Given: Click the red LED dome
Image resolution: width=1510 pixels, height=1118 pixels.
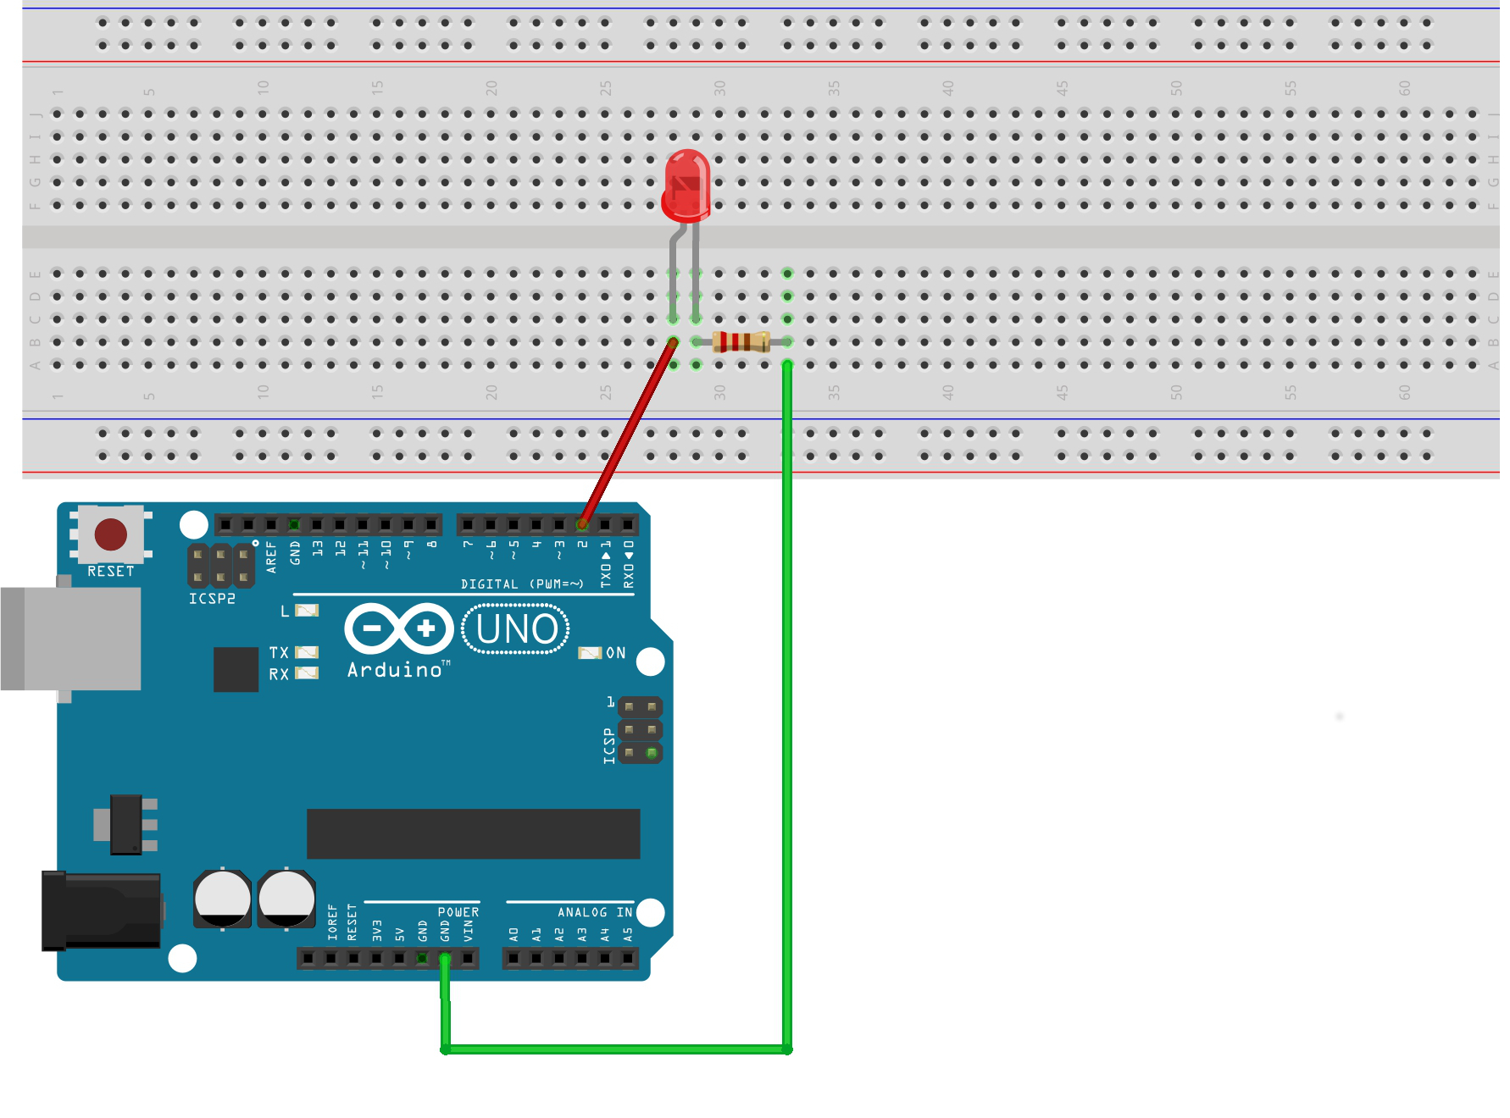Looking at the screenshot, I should click(687, 181).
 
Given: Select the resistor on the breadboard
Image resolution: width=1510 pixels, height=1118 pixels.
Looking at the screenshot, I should click(741, 341).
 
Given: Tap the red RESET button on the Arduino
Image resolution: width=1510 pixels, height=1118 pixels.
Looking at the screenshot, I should click(111, 534).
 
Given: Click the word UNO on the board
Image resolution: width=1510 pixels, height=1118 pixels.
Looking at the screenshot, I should click(516, 629).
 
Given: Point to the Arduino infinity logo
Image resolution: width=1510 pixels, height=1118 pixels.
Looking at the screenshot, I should click(399, 628).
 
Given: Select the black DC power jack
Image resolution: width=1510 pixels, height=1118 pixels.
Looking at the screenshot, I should click(101, 910).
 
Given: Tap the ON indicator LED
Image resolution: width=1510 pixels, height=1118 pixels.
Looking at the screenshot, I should click(589, 653).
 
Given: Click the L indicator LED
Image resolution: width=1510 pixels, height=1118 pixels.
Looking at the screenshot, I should click(306, 610).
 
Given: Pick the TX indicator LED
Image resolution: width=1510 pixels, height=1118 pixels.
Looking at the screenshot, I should click(306, 652).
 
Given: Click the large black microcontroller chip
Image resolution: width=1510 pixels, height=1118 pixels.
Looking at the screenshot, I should click(473, 833).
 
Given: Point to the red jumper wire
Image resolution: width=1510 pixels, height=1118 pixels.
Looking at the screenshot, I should click(628, 432).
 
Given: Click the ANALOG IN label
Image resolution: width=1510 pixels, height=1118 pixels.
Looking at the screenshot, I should click(594, 912).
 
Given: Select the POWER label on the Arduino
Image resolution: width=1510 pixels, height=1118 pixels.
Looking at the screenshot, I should click(458, 912).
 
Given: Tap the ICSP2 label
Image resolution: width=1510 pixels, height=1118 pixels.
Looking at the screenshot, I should click(212, 599).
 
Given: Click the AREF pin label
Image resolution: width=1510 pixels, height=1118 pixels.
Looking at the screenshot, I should click(271, 556).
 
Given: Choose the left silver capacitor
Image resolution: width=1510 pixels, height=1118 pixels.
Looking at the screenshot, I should click(222, 898).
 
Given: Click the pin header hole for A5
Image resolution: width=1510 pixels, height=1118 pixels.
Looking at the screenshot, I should click(628, 958).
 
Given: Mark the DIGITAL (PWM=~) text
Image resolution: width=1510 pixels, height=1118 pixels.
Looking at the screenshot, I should click(522, 584).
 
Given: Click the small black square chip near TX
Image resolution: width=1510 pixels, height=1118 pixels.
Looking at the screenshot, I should click(236, 669).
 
